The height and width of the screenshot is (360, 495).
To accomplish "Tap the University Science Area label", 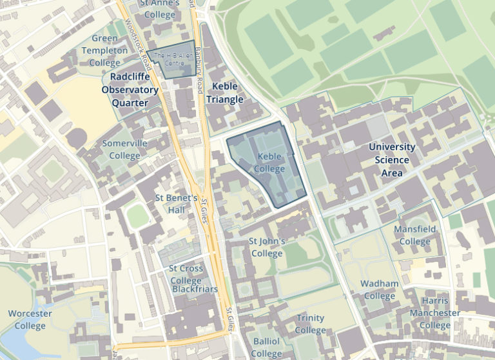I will (392, 160).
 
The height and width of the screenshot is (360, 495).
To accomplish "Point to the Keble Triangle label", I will (225, 93).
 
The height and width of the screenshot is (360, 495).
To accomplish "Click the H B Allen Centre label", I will (170, 60).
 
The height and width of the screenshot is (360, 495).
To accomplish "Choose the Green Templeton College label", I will (104, 51).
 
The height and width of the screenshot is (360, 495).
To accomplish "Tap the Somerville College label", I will (125, 150).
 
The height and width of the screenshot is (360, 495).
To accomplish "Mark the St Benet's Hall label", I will (177, 204).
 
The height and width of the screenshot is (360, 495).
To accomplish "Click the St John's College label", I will (267, 247).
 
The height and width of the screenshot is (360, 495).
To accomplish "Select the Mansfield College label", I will (414, 235).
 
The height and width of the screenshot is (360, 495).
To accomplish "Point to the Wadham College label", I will (380, 290).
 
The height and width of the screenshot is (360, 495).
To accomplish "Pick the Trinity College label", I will (311, 324).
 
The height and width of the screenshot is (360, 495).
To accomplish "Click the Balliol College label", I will (266, 347).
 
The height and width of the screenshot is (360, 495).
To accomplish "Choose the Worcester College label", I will (30, 319).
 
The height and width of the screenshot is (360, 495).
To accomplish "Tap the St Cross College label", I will (186, 274).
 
